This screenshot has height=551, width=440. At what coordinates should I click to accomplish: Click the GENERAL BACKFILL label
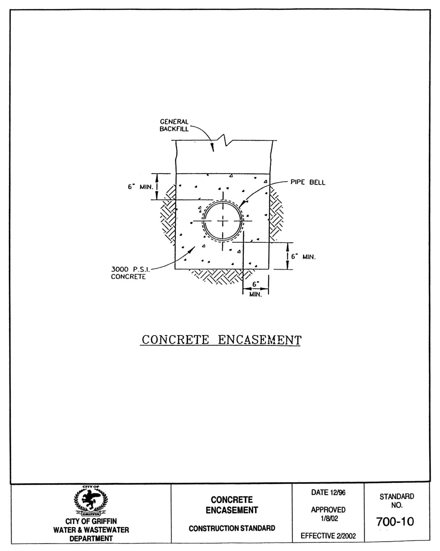tap(174, 125)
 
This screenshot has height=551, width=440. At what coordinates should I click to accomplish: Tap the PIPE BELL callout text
tap(308, 182)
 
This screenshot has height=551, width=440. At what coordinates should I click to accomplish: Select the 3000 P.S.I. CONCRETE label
tap(130, 273)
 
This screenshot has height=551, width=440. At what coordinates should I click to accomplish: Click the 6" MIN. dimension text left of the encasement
tap(140, 187)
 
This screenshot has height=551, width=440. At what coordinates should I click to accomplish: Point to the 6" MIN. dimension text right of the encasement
tap(303, 257)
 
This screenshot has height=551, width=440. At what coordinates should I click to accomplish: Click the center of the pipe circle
tap(223, 221)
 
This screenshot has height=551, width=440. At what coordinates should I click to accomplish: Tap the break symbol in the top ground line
tap(225, 140)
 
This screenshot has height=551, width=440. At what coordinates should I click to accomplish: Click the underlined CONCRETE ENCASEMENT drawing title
tap(221, 340)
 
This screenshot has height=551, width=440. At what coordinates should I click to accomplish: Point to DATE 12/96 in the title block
tap(328, 493)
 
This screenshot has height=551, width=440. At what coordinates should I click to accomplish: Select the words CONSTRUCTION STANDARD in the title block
tap(232, 528)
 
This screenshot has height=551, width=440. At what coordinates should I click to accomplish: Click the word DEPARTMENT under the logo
tap(91, 539)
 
